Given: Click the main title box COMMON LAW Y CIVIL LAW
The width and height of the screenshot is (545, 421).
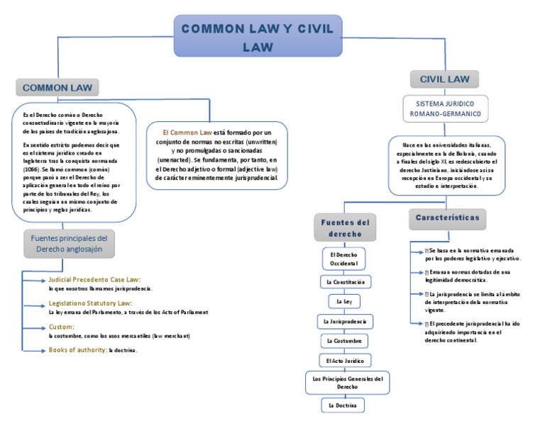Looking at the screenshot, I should [258, 37].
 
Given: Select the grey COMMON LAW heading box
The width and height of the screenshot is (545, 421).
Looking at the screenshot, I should [57, 87].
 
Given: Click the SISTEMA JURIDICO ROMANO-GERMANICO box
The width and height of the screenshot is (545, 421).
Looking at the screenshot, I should [446, 108].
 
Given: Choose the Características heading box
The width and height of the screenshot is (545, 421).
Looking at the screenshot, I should [446, 217].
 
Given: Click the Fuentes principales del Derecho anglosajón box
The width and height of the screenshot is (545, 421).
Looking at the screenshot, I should [69, 245].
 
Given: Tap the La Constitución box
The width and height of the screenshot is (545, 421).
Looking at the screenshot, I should [345, 281].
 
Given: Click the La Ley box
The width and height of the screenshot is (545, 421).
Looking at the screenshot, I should [344, 301].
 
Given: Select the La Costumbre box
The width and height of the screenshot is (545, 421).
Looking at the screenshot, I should [345, 341].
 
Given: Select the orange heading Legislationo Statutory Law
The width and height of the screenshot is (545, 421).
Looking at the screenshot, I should [92, 303].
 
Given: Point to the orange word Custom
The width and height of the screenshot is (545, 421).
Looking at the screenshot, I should [61, 327].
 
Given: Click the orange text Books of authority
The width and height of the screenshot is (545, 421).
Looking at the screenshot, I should [77, 350].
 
